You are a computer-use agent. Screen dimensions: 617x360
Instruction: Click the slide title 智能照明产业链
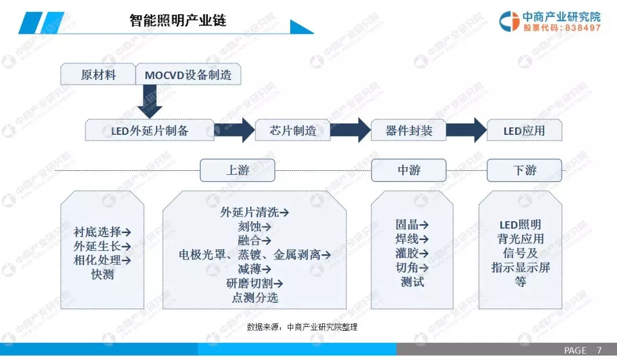point(178,20)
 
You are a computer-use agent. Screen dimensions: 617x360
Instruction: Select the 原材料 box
point(98,74)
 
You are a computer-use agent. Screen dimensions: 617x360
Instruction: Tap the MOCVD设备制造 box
point(188,74)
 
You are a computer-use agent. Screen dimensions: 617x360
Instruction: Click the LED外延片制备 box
point(150,130)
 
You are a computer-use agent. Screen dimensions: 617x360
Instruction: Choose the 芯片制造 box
point(293,130)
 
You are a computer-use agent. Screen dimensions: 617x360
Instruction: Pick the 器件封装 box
point(408,130)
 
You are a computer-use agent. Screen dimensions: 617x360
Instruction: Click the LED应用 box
point(524,130)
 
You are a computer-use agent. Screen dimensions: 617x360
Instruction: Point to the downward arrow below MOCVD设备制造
point(150,101)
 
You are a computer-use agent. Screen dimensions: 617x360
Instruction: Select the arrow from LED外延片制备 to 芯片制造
point(235,130)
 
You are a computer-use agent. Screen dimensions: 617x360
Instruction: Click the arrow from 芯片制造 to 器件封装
point(350,130)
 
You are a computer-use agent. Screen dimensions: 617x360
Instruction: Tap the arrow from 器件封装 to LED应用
point(466,130)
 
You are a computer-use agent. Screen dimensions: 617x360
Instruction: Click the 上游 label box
point(237,170)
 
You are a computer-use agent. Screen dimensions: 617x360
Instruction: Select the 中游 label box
point(408,170)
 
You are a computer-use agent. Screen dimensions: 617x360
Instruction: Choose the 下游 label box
point(524,170)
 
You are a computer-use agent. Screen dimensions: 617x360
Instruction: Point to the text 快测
point(102,274)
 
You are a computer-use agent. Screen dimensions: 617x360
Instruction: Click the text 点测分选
point(255,298)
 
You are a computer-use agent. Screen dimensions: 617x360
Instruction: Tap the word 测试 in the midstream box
point(412,282)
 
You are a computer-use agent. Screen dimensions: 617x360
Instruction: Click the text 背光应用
point(520,239)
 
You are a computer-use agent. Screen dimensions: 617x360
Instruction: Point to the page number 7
point(599,350)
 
